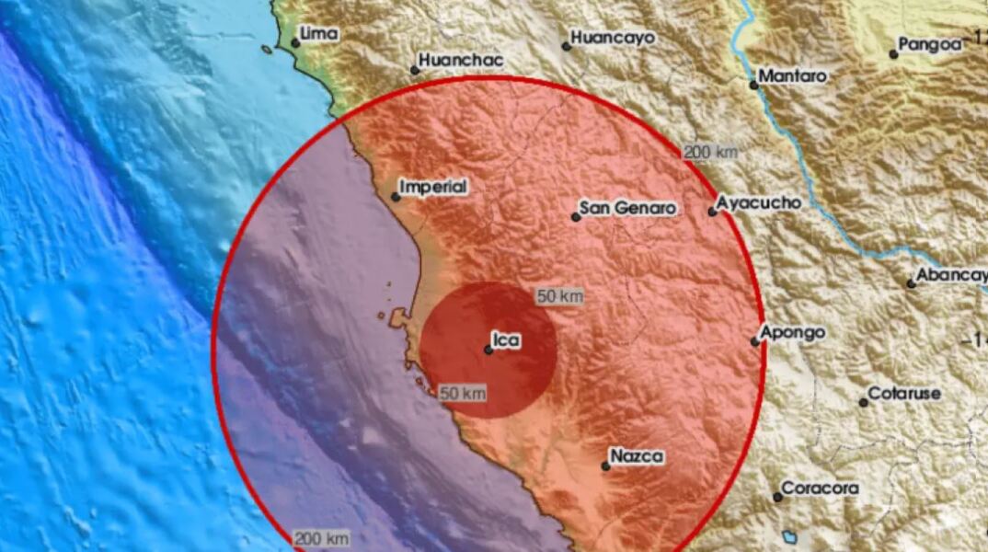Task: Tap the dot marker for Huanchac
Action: coord(414,67)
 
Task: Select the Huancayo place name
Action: coord(613,38)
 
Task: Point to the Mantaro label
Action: coord(793,76)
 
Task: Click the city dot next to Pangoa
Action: coord(893,54)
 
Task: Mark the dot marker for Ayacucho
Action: coord(712,212)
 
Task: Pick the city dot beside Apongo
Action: coord(754,341)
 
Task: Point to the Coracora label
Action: coord(821,489)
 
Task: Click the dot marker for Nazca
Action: coord(605,466)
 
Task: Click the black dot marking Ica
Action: coord(488,350)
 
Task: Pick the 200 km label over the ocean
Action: coord(322,537)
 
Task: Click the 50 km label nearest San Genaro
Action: coord(560,296)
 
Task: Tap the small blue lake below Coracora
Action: coord(789,535)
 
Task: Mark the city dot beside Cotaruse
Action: coord(863,402)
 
